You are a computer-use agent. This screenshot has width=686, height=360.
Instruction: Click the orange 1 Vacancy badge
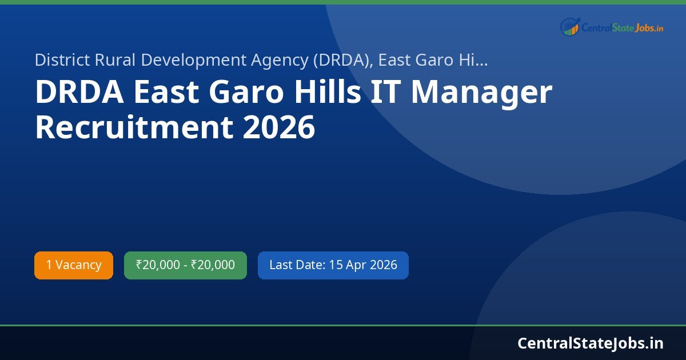(x=74, y=265)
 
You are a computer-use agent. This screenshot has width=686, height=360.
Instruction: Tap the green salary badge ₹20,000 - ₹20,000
(x=185, y=265)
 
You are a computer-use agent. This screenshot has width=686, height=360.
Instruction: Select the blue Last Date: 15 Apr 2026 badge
(x=333, y=265)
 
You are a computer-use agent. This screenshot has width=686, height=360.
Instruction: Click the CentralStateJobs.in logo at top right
(x=612, y=26)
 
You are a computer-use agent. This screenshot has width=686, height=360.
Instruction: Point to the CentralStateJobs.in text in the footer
(x=590, y=343)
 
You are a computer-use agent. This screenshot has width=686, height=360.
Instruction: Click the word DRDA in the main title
(x=79, y=93)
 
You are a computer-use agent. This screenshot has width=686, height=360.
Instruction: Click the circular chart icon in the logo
(x=570, y=26)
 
